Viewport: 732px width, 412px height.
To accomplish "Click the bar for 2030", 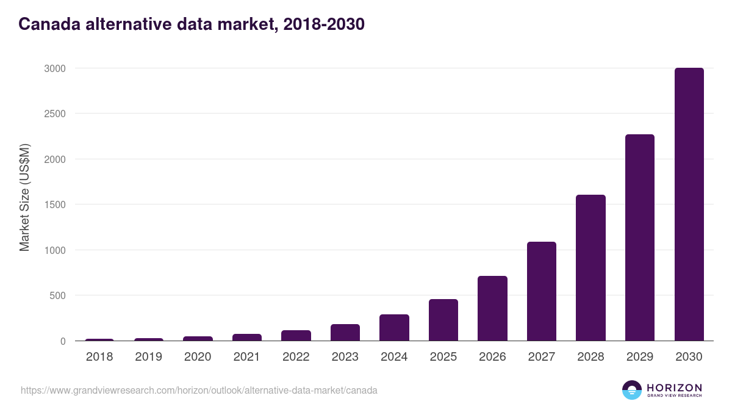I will (x=689, y=204).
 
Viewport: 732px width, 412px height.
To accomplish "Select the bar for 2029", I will (x=639, y=237).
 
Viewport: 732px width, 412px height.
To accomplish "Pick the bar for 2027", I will (x=542, y=291).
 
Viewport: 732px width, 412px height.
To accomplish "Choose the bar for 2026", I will (x=492, y=308).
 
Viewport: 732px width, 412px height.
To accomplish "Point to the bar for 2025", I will (x=443, y=320).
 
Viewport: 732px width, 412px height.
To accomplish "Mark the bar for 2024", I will (x=394, y=328).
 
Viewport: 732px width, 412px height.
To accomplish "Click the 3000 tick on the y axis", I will (x=54, y=68).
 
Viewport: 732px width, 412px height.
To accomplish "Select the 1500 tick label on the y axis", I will (x=54, y=204).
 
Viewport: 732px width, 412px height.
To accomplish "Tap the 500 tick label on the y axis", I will (x=57, y=295).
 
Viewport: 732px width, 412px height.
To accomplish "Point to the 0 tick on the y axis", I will (x=62, y=341).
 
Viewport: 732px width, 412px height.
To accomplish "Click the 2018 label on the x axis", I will (x=99, y=357).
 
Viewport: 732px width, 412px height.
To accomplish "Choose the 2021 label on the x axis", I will (x=246, y=357).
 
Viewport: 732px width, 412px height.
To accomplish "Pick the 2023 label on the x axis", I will (x=345, y=357).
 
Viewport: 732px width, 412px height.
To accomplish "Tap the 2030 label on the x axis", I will (x=689, y=357).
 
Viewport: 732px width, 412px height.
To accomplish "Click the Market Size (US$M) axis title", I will (x=24, y=198).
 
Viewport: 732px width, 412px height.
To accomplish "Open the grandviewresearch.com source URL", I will (x=199, y=390).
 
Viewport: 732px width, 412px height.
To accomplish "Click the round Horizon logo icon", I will (x=632, y=390).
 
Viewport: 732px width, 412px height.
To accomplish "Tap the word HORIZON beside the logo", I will (x=674, y=387).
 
